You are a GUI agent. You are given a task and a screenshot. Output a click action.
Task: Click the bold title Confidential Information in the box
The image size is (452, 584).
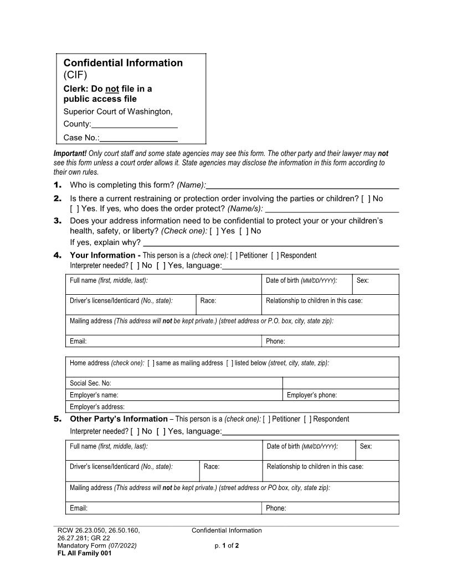(123, 63)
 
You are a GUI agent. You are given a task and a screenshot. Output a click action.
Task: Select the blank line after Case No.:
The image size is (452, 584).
(138, 138)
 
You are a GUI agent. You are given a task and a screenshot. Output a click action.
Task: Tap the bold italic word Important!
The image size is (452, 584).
(70, 153)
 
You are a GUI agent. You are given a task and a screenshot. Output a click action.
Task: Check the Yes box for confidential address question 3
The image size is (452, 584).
(214, 231)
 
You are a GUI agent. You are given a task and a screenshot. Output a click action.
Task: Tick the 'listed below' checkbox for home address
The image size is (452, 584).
(229, 363)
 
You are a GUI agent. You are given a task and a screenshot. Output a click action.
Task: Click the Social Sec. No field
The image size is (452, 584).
(174, 383)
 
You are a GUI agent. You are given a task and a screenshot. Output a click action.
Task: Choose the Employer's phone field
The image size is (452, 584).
(341, 395)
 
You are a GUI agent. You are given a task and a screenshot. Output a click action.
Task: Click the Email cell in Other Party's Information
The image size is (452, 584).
(163, 508)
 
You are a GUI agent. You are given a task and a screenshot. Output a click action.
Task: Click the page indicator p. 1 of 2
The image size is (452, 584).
(227, 546)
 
